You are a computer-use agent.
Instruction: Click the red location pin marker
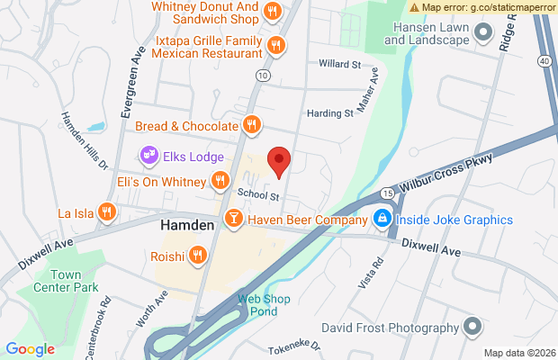(280, 160)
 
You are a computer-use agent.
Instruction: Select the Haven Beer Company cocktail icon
(233, 217)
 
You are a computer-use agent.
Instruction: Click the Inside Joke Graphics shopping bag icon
(382, 219)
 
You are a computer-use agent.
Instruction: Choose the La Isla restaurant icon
(107, 212)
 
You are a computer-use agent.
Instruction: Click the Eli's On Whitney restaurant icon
(219, 182)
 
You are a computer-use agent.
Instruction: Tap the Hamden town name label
(187, 226)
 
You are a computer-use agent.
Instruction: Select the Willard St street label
(339, 64)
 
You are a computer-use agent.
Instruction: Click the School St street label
(260, 193)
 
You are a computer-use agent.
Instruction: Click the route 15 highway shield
(386, 192)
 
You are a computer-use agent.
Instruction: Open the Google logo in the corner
(31, 348)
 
